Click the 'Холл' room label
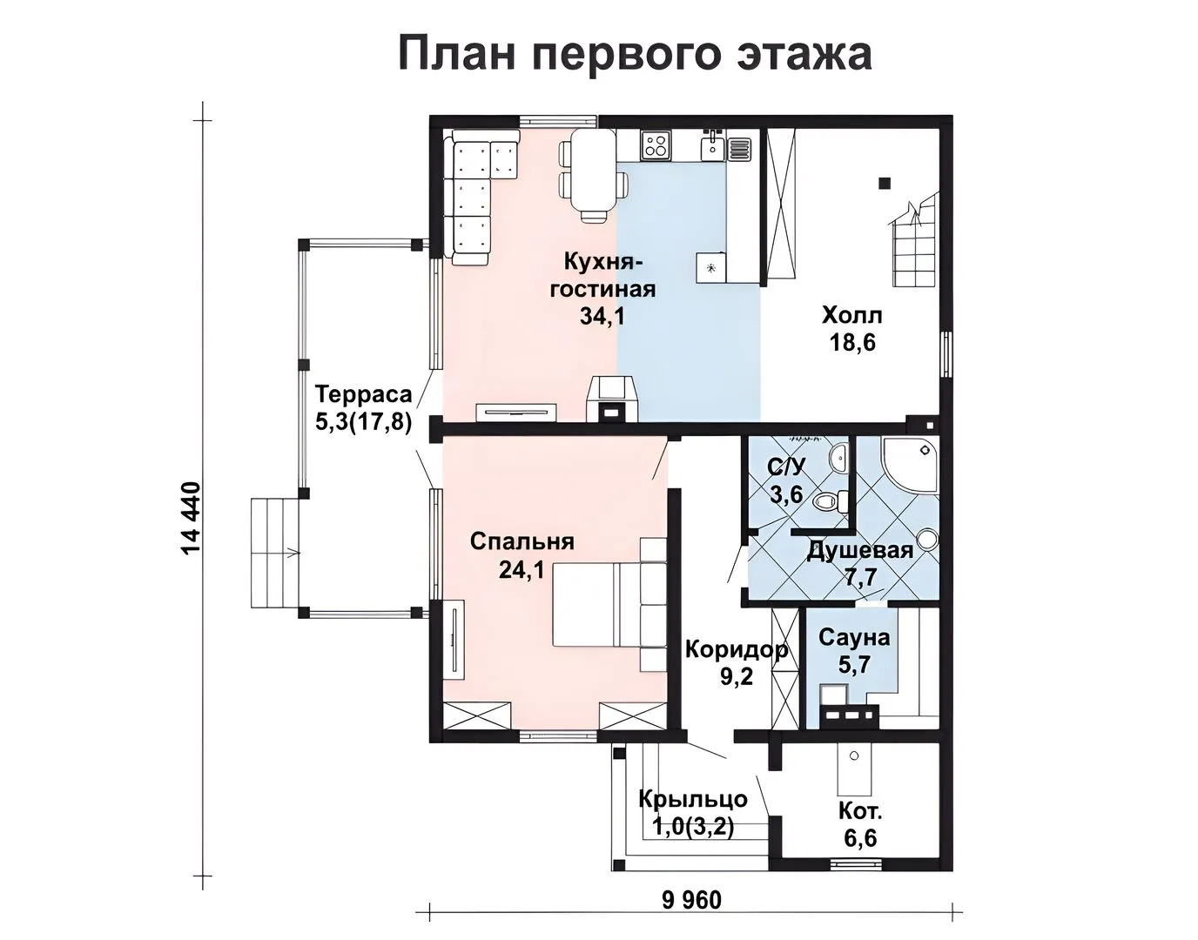(x=851, y=316)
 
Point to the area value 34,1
(x=602, y=316)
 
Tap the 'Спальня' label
(x=522, y=541)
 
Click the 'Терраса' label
(x=363, y=395)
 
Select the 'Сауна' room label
(x=854, y=638)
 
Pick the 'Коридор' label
(x=736, y=650)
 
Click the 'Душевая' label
(x=859, y=550)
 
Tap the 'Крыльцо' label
(x=693, y=799)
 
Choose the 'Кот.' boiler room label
(x=860, y=811)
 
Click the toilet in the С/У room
(x=831, y=500)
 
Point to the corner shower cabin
(x=910, y=464)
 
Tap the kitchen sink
(x=713, y=144)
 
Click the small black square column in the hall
(x=885, y=184)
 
